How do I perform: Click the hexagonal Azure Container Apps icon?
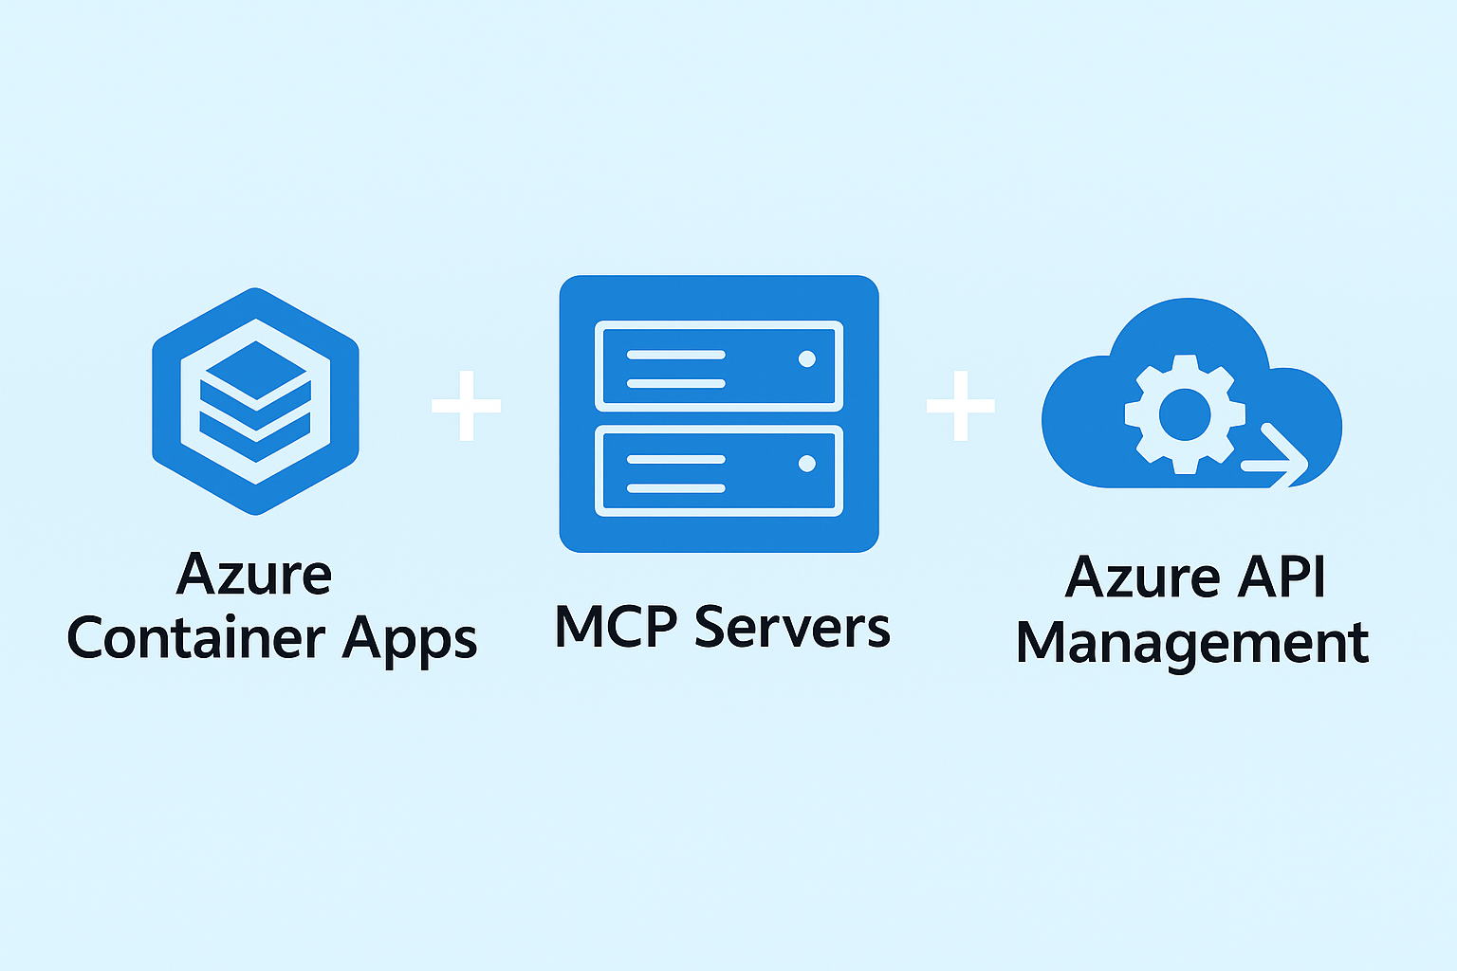tap(255, 401)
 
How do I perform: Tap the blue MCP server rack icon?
tap(719, 413)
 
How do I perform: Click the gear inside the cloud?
tap(1184, 414)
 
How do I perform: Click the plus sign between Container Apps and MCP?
tap(466, 406)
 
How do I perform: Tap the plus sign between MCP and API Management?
tap(961, 406)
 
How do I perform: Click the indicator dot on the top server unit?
tap(807, 358)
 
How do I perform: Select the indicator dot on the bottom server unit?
tap(807, 464)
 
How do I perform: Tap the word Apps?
tap(410, 640)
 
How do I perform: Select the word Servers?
tap(792, 627)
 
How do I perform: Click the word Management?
tap(1191, 644)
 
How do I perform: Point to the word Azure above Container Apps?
tap(254, 575)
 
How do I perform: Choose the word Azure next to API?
tap(1142, 577)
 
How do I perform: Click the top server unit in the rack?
tap(719, 366)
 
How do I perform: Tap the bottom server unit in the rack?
tap(719, 471)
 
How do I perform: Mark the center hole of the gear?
tap(1184, 414)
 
